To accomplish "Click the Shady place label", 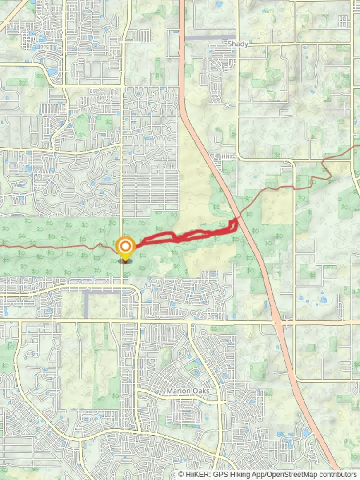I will [x=237, y=44].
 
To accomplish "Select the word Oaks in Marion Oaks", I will [x=201, y=391].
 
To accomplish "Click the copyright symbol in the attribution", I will [x=182, y=475].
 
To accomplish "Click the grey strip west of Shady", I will [x=209, y=38].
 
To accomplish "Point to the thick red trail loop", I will [x=187, y=235].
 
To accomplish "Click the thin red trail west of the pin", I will [x=53, y=247].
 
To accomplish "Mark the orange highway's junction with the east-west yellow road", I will [x=278, y=321].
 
